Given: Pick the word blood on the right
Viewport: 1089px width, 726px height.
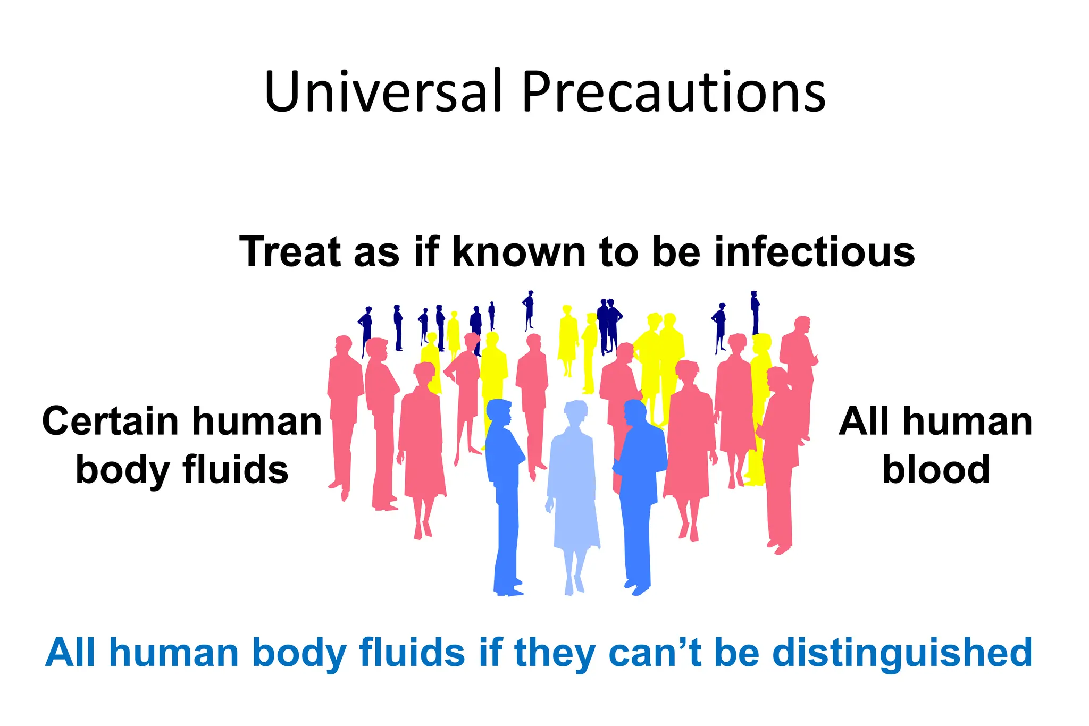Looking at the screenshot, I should pyautogui.click(x=936, y=470).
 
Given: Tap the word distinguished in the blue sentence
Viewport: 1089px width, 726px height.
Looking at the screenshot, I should pyautogui.click(x=902, y=653).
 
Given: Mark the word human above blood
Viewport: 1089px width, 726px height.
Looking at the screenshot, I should pyautogui.click(x=968, y=421).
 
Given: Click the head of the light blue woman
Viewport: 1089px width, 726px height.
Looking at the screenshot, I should pyautogui.click(x=575, y=412).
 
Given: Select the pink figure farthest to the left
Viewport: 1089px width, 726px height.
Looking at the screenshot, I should pyautogui.click(x=343, y=415).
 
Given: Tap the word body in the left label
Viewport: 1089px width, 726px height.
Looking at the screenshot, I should pyautogui.click(x=122, y=470).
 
